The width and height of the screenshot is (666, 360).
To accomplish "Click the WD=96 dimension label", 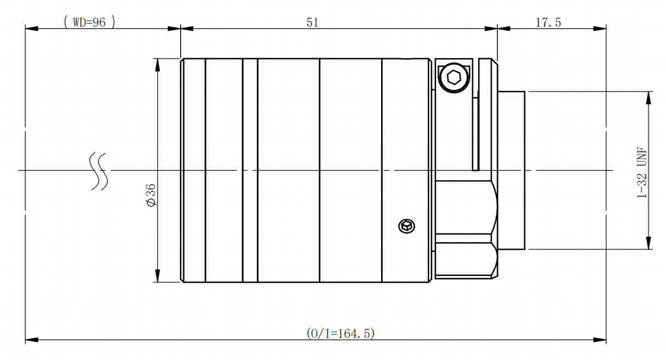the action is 89,22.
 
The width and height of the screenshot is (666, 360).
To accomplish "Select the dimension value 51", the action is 312,22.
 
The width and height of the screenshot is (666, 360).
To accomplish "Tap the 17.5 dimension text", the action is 548,22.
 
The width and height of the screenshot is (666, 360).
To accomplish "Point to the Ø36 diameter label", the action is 151,195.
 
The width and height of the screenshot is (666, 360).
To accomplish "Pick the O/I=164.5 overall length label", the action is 341,333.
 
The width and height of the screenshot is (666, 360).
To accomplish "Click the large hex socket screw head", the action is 454,78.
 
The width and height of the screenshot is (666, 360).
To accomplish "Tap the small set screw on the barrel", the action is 407,226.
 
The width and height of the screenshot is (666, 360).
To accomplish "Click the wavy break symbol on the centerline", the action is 99,172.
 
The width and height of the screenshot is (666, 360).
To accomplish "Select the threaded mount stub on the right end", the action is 512,170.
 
